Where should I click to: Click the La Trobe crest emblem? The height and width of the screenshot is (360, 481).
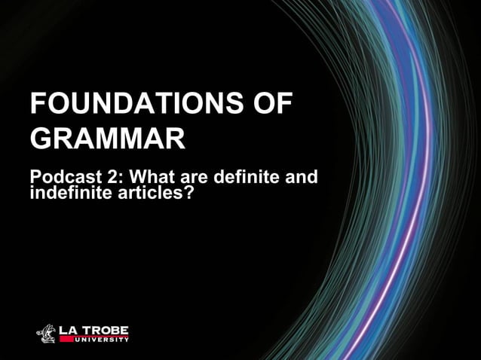click(x=47, y=332)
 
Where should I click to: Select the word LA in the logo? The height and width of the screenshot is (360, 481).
click(x=69, y=328)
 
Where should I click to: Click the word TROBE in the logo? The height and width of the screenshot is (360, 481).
click(x=106, y=328)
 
